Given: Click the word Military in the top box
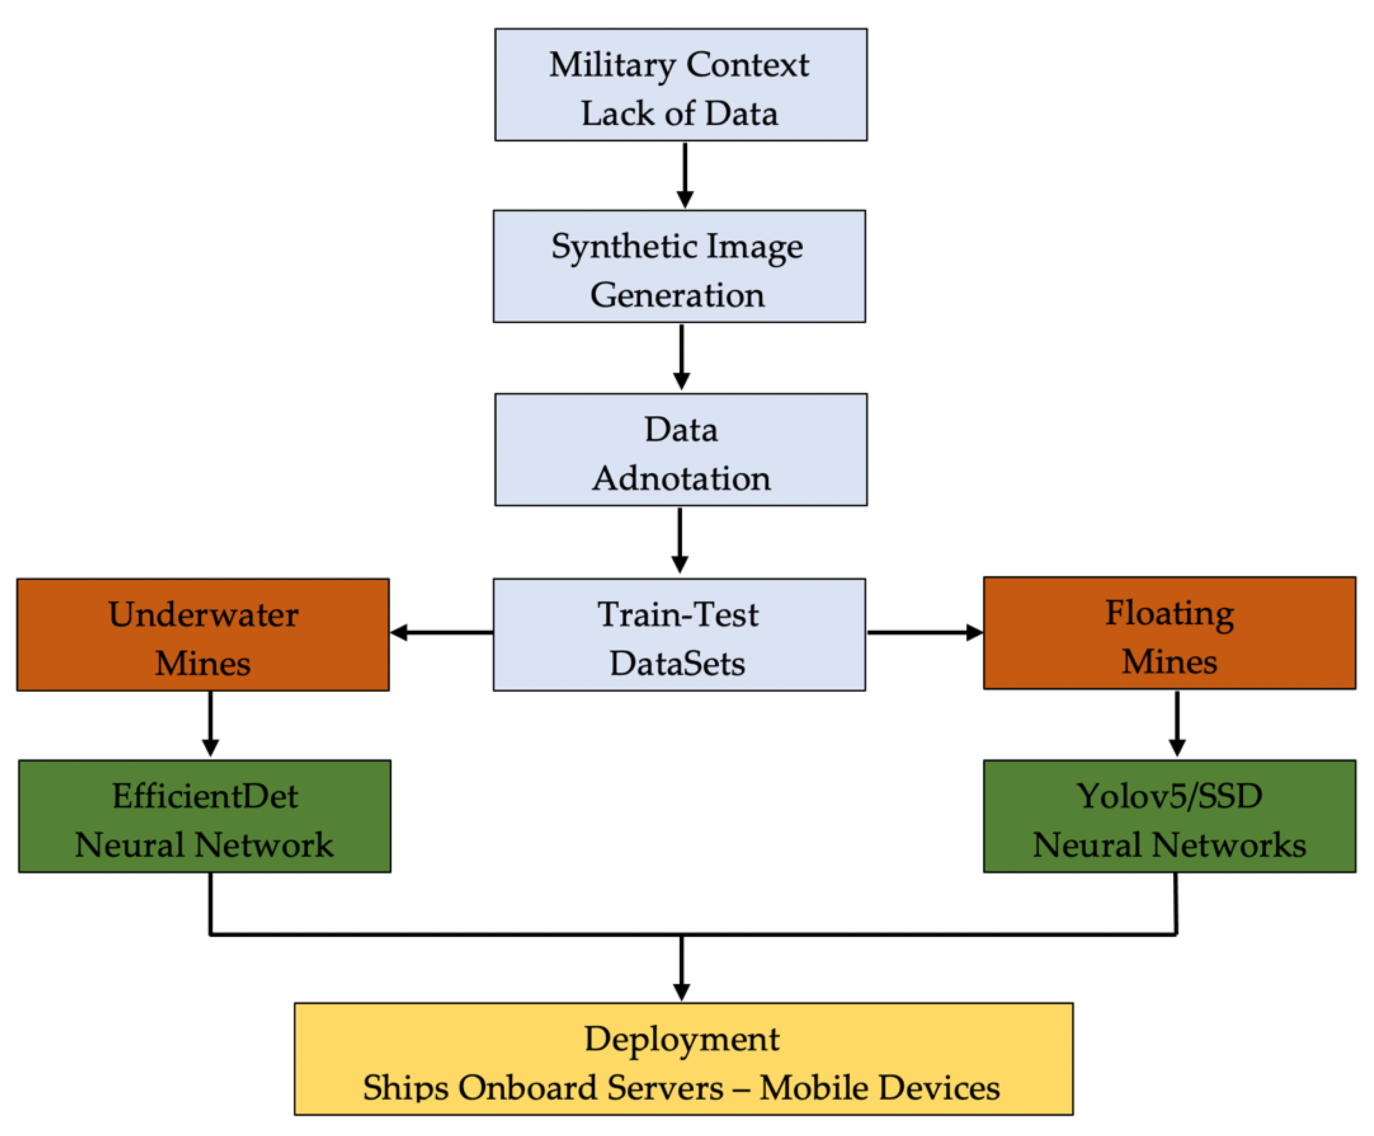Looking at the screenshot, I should [x=611, y=65].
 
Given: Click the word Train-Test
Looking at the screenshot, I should [x=677, y=614].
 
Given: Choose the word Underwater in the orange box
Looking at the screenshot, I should [x=203, y=614].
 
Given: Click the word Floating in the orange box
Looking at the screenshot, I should [x=1169, y=612].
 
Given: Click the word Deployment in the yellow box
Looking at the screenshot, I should [x=682, y=1039].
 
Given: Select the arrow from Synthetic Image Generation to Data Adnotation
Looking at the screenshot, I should [x=682, y=357].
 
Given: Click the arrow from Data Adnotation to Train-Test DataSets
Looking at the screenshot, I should [x=679, y=540].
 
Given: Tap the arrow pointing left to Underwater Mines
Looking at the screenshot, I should [x=441, y=632].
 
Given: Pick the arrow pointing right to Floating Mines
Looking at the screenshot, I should [x=925, y=632].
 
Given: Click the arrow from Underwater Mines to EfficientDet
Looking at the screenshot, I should [x=210, y=724].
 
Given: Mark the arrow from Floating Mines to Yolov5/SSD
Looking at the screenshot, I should [x=1177, y=724].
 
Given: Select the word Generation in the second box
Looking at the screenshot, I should [x=677, y=295].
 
